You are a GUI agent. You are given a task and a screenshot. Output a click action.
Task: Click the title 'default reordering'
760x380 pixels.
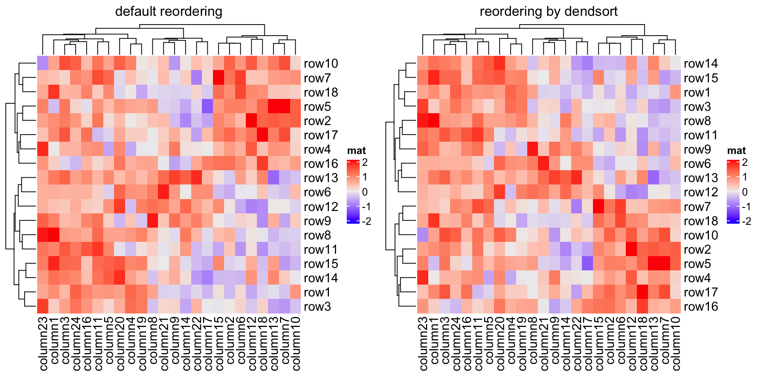(169, 11)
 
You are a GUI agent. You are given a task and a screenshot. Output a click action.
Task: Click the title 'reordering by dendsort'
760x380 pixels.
(548, 11)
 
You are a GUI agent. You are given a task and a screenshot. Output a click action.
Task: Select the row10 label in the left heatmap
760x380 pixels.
(321, 64)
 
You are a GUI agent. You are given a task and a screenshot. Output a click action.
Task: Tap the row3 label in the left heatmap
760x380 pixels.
(317, 307)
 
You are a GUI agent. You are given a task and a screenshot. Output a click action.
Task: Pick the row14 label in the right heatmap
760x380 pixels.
(701, 64)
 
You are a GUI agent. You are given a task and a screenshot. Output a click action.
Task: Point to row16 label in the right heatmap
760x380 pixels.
(701, 307)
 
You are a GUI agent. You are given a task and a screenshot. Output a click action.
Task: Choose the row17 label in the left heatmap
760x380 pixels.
(321, 135)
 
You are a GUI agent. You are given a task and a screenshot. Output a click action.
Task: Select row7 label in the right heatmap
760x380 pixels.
(697, 207)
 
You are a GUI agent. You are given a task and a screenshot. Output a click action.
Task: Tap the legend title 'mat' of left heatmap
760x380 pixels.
(356, 150)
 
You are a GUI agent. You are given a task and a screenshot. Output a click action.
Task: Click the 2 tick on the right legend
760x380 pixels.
(745, 162)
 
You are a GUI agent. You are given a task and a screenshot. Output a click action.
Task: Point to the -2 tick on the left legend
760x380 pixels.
(367, 221)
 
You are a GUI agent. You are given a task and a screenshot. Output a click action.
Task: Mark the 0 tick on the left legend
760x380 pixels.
(365, 192)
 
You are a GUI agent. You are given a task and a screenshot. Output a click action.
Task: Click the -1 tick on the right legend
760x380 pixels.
(746, 207)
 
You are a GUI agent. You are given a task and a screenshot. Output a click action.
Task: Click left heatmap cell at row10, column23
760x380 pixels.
(43, 63)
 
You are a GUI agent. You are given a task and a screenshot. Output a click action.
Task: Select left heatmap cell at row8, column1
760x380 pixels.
(54, 235)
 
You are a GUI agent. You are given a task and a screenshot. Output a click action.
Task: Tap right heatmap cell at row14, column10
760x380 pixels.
(675, 63)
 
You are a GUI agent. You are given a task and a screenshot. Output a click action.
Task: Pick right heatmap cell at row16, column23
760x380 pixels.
(423, 306)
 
